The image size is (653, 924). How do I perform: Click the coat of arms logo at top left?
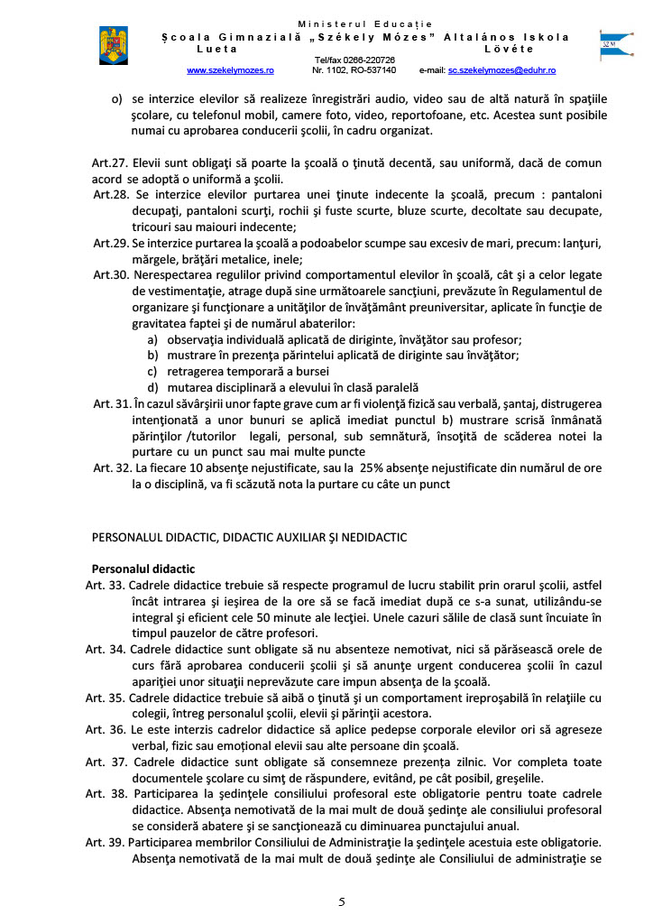114,46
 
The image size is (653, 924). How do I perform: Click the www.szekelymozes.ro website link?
230,69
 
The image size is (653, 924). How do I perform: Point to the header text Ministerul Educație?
365,23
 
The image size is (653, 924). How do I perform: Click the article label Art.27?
110,163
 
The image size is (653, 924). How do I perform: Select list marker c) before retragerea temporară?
152,372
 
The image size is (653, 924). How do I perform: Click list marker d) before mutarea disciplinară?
153,388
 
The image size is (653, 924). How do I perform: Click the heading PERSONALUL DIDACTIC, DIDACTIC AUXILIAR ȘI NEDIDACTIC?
249,538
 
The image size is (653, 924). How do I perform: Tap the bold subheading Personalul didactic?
143,569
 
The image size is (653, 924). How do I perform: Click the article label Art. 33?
105,586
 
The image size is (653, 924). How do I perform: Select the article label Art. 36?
105,730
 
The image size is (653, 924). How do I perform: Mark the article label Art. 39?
105,843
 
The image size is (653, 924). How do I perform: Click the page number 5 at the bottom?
342,901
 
